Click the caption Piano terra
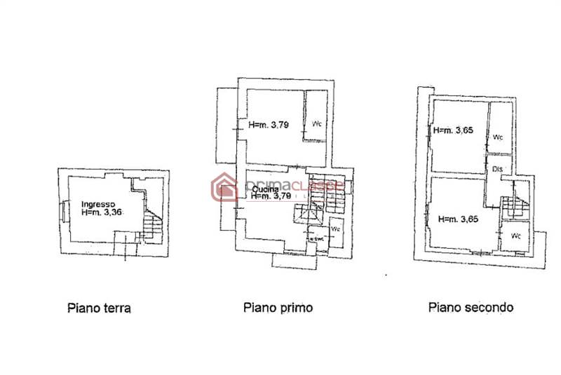pyautogui.click(x=99, y=308)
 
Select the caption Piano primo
pyautogui.click(x=278, y=307)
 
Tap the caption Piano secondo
pyautogui.click(x=471, y=307)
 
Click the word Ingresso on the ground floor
pyautogui.click(x=98, y=202)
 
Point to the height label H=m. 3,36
pyautogui.click(x=102, y=212)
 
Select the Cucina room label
pyautogui.click(x=265, y=189)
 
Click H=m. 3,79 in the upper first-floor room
pyautogui.click(x=269, y=126)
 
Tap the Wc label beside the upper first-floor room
pyautogui.click(x=317, y=125)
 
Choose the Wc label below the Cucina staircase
pyautogui.click(x=336, y=229)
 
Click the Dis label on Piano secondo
pyautogui.click(x=498, y=170)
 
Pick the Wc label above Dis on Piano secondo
pyautogui.click(x=499, y=137)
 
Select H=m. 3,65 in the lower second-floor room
pyautogui.click(x=459, y=219)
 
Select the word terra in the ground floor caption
pyautogui.click(x=116, y=308)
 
